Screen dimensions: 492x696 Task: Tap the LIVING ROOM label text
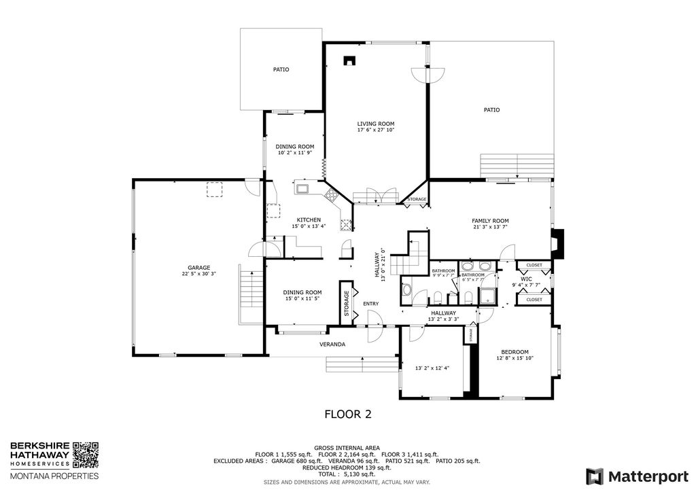coord(376,124)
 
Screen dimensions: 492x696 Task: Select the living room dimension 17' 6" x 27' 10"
coord(376,130)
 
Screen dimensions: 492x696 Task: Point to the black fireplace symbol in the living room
coord(349,61)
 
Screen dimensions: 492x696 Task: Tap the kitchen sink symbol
coord(302,188)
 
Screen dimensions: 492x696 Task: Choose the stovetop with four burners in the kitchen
coord(332,196)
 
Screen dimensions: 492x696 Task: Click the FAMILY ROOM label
coord(490,221)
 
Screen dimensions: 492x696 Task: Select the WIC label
coord(526,279)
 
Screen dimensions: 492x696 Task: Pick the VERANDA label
coord(333,345)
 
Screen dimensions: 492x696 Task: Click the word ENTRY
coord(371,304)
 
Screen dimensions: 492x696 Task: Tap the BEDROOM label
coord(515,351)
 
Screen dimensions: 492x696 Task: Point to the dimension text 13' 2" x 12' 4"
coord(432,368)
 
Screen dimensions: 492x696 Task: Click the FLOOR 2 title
coord(347,413)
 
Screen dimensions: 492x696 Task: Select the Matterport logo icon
coord(595,476)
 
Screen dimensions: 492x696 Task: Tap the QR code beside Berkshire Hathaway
coord(86,455)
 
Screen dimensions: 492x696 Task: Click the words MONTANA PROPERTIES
coord(54,476)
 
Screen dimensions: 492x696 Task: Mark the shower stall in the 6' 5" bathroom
coord(487,295)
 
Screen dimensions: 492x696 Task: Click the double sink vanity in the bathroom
coord(475,266)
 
